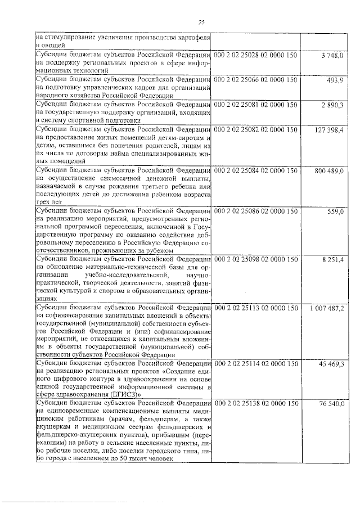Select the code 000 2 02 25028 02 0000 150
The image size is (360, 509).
[x=255, y=54]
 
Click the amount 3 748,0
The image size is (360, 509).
[x=332, y=55]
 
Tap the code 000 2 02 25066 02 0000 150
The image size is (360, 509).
[x=255, y=80]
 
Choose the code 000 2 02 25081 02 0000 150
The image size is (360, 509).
[x=255, y=105]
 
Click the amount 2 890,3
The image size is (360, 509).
[x=332, y=105]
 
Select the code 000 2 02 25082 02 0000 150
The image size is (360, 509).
[x=255, y=130]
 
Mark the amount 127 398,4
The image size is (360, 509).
[x=328, y=130]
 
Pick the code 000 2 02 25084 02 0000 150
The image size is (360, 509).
[x=255, y=170]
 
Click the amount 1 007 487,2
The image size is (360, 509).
[x=327, y=309]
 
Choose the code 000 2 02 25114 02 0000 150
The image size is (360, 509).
[x=255, y=364]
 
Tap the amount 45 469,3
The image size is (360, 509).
[x=331, y=365]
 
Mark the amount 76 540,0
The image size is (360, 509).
[x=331, y=405]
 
